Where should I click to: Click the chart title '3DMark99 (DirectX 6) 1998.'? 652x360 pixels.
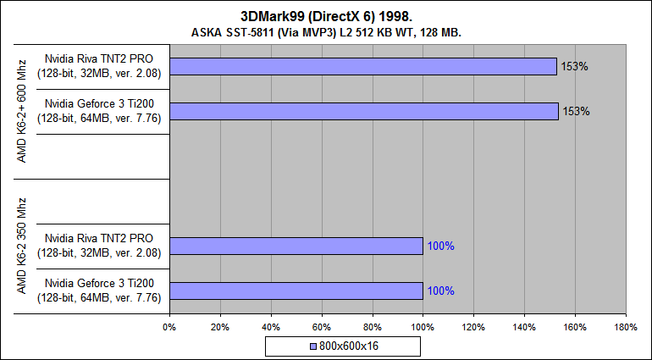point(326,16)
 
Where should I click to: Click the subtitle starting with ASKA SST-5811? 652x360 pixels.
point(326,32)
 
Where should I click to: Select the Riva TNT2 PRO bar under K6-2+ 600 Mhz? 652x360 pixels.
point(362,66)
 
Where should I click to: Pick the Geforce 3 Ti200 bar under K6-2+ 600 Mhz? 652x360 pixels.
point(363,111)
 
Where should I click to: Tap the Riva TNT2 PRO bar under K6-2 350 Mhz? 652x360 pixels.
point(296,246)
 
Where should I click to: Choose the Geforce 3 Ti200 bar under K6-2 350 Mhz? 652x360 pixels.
point(296,291)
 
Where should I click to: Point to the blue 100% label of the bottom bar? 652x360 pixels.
point(441,291)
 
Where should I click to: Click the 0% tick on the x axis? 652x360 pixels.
point(169,326)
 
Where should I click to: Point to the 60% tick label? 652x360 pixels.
point(321,326)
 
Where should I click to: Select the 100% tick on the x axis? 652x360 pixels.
point(423,326)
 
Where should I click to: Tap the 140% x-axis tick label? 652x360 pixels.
point(524,326)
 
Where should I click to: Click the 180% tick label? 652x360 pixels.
point(625,326)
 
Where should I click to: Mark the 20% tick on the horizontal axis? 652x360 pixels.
point(220,326)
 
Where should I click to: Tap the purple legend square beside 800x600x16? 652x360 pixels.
point(313,346)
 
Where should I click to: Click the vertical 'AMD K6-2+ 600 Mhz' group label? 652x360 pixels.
point(23,112)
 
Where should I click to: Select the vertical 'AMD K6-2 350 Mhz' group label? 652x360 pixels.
point(23,246)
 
